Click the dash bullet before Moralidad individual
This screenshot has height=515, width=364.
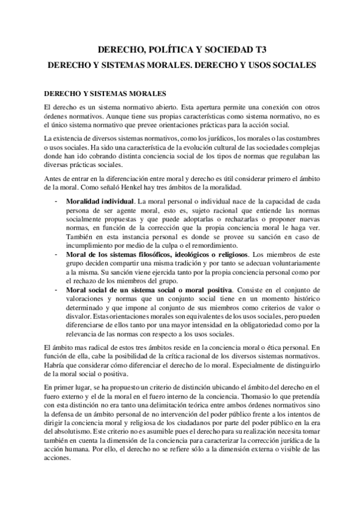55,200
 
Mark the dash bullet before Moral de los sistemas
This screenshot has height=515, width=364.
55,254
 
